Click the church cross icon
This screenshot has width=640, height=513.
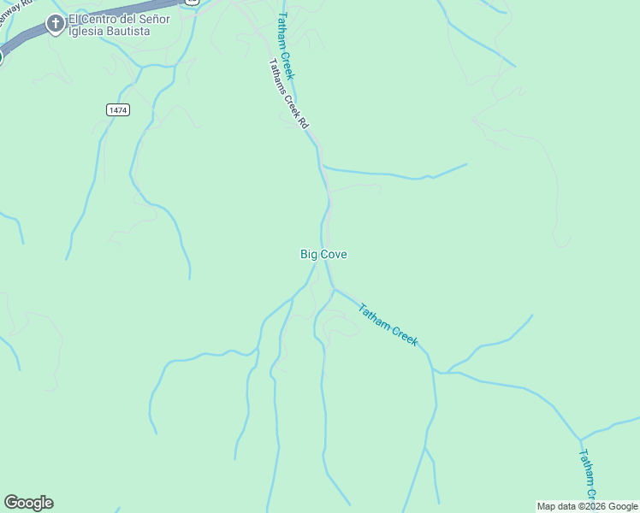point(56,23)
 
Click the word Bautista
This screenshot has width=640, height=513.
point(130,32)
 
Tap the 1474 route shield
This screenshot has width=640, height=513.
point(118,110)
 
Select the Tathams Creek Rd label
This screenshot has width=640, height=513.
point(288,93)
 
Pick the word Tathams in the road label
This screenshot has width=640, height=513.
point(276,71)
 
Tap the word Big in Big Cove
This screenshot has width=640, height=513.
point(309,254)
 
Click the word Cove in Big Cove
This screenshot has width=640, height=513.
point(334,254)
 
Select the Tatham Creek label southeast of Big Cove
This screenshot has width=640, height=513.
point(388,326)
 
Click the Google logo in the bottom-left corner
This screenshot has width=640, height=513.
point(28,503)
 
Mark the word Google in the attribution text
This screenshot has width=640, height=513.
point(622,507)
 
